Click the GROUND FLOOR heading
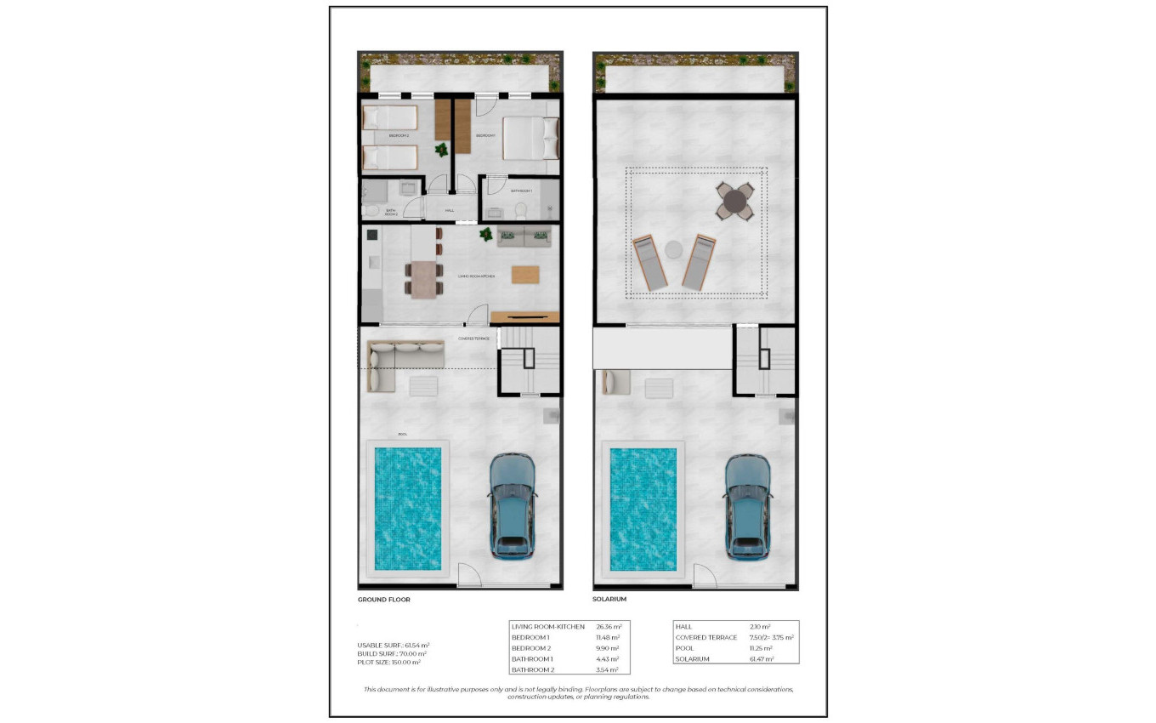[384, 600]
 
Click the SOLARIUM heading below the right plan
[609, 600]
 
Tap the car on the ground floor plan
[513, 506]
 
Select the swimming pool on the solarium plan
[643, 508]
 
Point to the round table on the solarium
[735, 202]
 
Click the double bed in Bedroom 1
[530, 138]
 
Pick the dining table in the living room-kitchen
[423, 279]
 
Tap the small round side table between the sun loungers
[673, 250]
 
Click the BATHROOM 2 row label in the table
[532, 669]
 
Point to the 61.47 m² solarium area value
[762, 659]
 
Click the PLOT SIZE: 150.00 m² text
[389, 662]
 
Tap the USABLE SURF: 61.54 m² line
[394, 645]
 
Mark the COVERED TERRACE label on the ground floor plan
[473, 338]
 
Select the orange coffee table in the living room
[524, 274]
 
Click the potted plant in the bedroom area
[441, 151]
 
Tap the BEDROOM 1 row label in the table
[531, 637]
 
